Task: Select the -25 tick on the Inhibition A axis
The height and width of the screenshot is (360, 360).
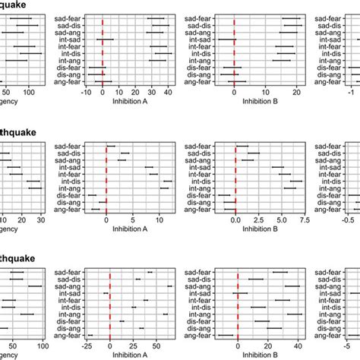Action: (x=88, y=346)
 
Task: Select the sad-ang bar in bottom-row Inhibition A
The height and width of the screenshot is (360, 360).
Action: (x=169, y=286)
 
